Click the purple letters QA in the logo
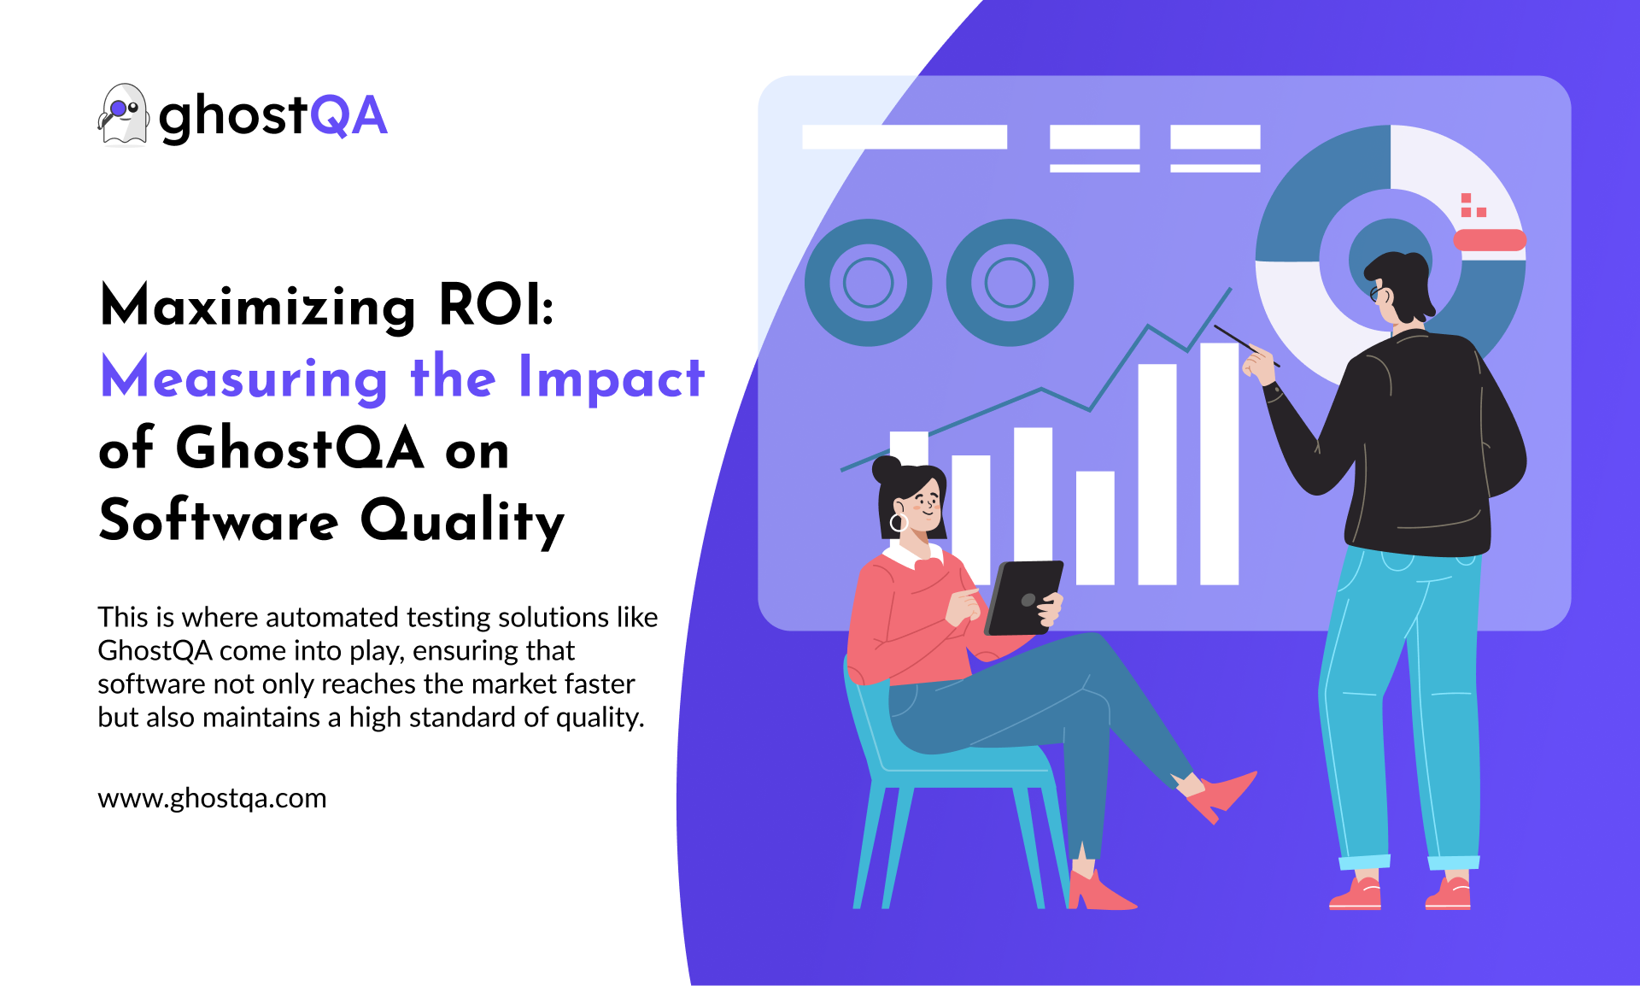point(348,116)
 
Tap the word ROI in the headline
point(496,305)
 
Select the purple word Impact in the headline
point(612,377)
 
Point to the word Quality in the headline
point(462,520)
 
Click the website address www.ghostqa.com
point(212,797)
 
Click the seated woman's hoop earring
point(898,522)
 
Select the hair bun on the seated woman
point(886,469)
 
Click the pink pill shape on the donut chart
point(1490,240)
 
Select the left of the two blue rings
point(868,282)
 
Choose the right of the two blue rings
point(1010,282)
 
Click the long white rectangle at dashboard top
point(905,137)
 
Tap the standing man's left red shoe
point(1356,894)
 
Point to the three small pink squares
point(1473,205)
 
